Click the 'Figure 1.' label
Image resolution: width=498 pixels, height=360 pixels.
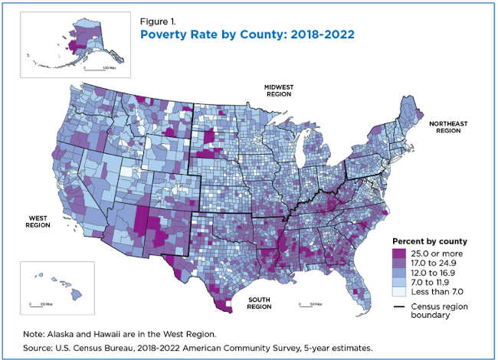156,21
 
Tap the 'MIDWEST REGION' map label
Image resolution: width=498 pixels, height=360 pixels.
280,90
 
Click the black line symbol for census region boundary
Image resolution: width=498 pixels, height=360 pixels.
400,306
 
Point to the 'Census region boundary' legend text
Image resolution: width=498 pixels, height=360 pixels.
440,311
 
